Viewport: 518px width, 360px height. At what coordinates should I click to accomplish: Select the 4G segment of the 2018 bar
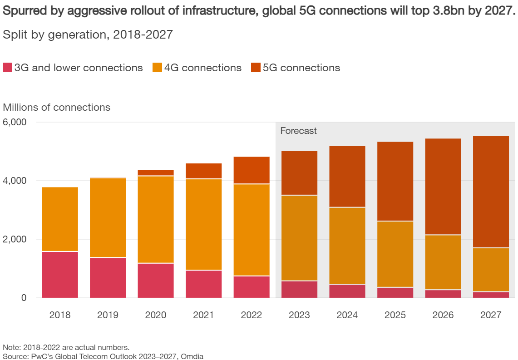tap(60, 219)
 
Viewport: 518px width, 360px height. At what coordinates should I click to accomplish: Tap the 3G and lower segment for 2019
tap(108, 278)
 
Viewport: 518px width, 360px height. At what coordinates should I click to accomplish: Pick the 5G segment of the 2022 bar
tap(252, 170)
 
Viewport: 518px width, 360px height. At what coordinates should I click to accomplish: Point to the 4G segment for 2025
tap(395, 254)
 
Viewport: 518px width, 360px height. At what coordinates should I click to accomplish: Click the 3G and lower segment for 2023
tap(299, 289)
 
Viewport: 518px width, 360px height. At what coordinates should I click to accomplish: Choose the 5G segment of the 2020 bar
tap(156, 173)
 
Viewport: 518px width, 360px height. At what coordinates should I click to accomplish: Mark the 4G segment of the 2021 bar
tap(203, 224)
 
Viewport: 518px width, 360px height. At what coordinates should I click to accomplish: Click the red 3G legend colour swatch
tap(8, 68)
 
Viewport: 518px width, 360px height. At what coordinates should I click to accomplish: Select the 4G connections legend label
tap(202, 68)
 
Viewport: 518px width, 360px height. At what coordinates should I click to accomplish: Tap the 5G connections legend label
tap(301, 68)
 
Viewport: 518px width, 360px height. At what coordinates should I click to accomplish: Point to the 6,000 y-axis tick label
tap(15, 123)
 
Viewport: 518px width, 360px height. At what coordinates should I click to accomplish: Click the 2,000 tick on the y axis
tap(15, 239)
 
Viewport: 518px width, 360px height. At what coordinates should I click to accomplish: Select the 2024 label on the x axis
tap(347, 315)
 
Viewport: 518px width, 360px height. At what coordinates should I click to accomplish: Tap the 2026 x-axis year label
tap(443, 315)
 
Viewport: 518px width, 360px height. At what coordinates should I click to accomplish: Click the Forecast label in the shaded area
tap(298, 131)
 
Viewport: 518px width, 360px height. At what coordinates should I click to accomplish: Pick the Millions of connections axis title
tap(57, 108)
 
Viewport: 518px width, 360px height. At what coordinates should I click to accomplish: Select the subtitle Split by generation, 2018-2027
tap(88, 35)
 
